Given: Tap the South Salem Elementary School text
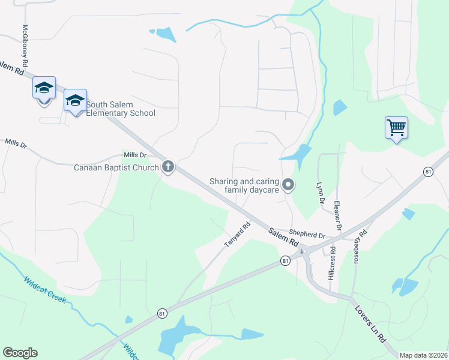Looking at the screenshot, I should coord(121,109).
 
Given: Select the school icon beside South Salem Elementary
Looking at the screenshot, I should coord(75,101).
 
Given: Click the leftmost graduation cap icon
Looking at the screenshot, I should coord(44,88).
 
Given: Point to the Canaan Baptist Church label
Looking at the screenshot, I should coord(116,167).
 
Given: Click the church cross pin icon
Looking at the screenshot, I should coord(168,167).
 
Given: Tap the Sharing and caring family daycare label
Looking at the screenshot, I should coord(244,185).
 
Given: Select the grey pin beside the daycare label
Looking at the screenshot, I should coord(288,185).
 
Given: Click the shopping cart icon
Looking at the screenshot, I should coord(396,128).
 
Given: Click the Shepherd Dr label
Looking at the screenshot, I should coord(307,234).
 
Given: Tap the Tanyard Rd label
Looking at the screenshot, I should coord(237,235).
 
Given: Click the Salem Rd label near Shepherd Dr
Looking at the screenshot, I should coord(283,237).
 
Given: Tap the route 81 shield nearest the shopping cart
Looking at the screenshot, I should coord(428,172).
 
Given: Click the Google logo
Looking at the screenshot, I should coord(20,353).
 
